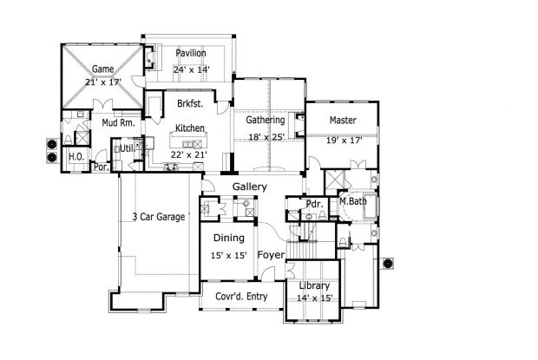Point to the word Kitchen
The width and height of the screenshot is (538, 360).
tap(190, 128)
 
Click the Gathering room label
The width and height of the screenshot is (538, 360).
tap(266, 120)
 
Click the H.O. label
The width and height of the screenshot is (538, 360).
tap(75, 156)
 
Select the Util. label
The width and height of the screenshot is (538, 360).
tap(128, 149)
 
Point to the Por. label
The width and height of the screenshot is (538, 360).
tap(101, 167)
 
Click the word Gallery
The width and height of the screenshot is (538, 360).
tap(249, 187)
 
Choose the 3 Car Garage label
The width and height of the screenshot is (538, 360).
tap(159, 217)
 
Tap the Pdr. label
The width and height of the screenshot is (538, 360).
tap(312, 204)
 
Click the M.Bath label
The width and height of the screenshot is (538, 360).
tap(353, 202)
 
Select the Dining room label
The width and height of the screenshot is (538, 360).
tap(228, 238)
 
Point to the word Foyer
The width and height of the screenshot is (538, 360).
tap(271, 255)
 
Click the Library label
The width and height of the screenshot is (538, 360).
tap(314, 286)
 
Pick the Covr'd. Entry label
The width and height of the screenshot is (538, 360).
tap(241, 297)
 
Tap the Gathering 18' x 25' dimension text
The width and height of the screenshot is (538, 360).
tap(266, 135)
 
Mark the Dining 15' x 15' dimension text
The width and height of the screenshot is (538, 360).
tap(229, 255)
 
